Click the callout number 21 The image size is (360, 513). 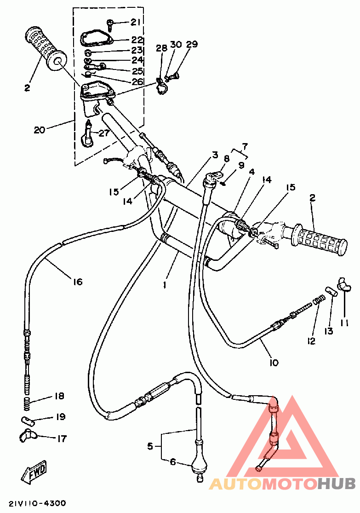coord(136,22)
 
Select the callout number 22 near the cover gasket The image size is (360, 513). coord(137,40)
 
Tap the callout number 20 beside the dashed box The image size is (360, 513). coord(39,130)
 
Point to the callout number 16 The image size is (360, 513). coord(78,282)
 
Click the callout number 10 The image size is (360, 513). coord(274,362)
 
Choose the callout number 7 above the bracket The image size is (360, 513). coord(245,146)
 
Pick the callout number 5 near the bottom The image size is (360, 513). coord(150,446)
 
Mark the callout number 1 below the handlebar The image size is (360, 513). coord(165,285)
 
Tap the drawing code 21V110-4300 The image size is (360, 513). coord(37,503)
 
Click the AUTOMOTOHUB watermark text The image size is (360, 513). coord(282,484)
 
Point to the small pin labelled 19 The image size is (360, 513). coord(28,420)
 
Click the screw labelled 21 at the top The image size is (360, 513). coord(109,24)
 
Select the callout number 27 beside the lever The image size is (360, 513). coord(103,133)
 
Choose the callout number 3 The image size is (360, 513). coord(215,155)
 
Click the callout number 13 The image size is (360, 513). coord(328,331)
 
